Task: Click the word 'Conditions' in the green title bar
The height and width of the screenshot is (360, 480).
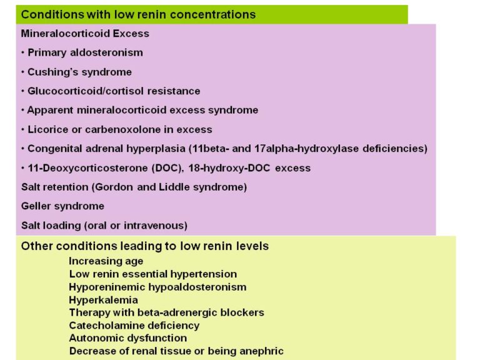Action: pyautogui.click(x=52, y=14)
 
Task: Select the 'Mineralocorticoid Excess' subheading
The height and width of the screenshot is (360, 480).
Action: pyautogui.click(x=85, y=33)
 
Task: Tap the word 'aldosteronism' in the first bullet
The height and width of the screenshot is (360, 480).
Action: pyautogui.click(x=106, y=52)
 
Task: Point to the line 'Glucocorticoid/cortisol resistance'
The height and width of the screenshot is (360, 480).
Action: pyautogui.click(x=114, y=91)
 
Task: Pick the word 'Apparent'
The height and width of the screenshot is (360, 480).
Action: pyautogui.click(x=50, y=110)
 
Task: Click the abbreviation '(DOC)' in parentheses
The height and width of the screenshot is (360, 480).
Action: pyautogui.click(x=168, y=168)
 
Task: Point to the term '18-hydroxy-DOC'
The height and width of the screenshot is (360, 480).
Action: pyautogui.click(x=229, y=168)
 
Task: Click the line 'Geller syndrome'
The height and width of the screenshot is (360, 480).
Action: pyautogui.click(x=62, y=206)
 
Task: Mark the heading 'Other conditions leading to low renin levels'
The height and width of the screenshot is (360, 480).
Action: pyautogui.click(x=145, y=246)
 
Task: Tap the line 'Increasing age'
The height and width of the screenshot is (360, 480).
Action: pyautogui.click(x=106, y=261)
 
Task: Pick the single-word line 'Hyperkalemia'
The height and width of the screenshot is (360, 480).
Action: pyautogui.click(x=103, y=300)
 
